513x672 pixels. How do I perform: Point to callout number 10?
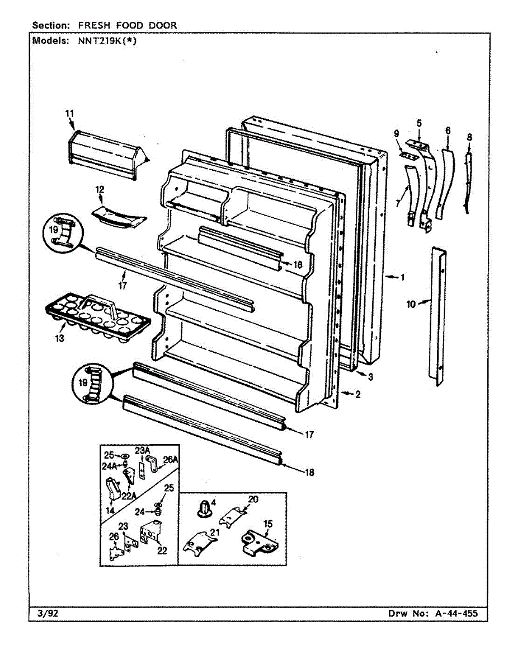[x=411, y=304]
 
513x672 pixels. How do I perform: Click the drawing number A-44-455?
[x=456, y=613]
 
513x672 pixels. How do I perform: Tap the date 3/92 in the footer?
[x=45, y=613]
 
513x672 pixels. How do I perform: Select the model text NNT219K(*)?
[x=105, y=40]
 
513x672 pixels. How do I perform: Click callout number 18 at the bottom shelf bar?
[x=309, y=472]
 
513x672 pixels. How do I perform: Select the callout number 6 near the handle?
[x=448, y=130]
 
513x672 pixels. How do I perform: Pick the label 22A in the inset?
[x=130, y=494]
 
